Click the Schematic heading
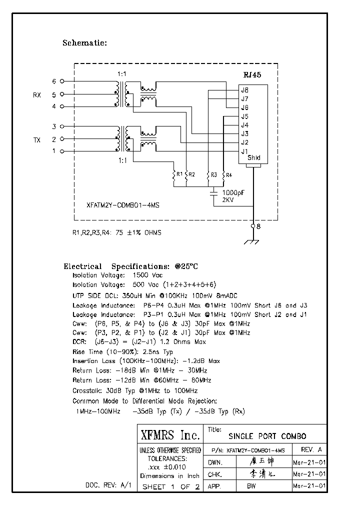click(84, 43)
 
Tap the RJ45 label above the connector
click(251, 74)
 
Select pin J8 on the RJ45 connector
click(244, 90)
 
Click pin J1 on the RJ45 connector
click(244, 151)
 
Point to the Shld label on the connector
click(254, 158)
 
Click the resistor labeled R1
click(175, 175)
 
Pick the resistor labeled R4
click(223, 175)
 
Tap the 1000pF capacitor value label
click(232, 192)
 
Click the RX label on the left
click(37, 94)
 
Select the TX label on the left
click(37, 140)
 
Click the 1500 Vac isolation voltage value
click(147, 275)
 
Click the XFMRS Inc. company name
click(170, 434)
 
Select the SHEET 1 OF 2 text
click(170, 487)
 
